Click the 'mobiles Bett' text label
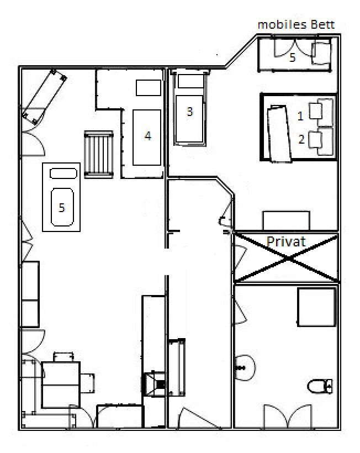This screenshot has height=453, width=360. [296, 25]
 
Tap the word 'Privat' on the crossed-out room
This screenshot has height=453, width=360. [286, 241]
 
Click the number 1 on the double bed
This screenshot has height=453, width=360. [300, 116]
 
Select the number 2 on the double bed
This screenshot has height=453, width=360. [301, 140]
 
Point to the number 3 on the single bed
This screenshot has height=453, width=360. [190, 112]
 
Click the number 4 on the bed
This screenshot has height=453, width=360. [147, 136]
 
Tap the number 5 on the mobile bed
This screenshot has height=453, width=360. [293, 57]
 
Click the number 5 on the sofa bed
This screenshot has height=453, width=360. [61, 207]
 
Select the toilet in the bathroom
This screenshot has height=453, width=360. [320, 386]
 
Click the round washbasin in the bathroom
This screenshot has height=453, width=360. [245, 368]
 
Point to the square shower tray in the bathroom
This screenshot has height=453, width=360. [317, 307]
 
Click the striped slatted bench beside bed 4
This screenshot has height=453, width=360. [99, 155]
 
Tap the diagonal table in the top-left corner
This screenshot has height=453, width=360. [45, 97]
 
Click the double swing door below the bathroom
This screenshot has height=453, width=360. [288, 417]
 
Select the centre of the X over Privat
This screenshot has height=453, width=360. [287, 258]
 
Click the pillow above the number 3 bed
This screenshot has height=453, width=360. [191, 81]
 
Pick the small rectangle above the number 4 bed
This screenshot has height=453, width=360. [149, 87]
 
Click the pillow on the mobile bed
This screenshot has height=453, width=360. [321, 53]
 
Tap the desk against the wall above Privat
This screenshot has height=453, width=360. [286, 221]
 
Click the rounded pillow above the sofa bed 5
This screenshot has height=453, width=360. [63, 173]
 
